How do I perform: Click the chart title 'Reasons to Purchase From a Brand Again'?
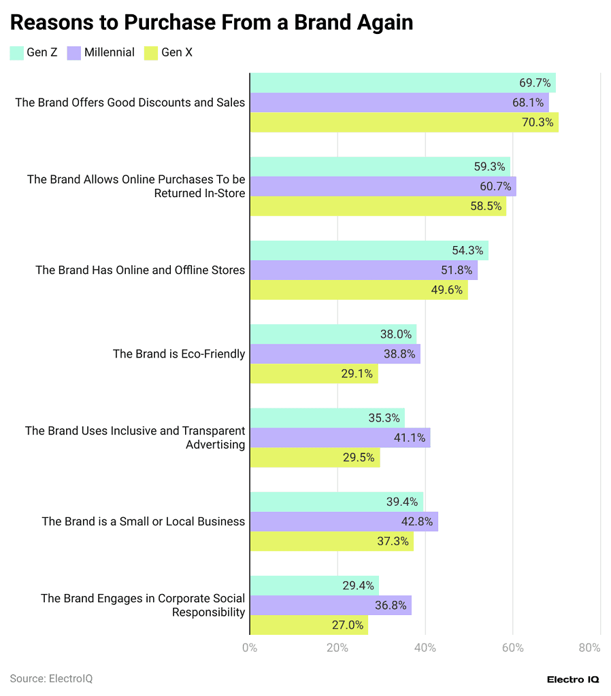(x=212, y=22)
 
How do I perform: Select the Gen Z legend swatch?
(x=17, y=52)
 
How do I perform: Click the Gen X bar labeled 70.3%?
(x=404, y=122)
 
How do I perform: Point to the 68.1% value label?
(x=528, y=103)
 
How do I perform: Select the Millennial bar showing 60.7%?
(x=382, y=186)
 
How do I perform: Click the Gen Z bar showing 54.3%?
(x=369, y=250)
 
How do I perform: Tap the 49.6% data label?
(x=447, y=290)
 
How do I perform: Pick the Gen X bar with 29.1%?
(x=314, y=374)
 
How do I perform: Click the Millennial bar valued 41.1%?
(x=340, y=438)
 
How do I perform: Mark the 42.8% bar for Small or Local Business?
(x=344, y=521)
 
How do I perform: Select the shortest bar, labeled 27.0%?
(x=308, y=625)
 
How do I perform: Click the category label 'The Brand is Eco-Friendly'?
(x=178, y=353)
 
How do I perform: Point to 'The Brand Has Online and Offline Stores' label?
(x=139, y=270)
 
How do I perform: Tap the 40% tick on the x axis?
(x=425, y=648)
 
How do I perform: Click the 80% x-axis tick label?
(x=589, y=648)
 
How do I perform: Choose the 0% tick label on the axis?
(x=250, y=648)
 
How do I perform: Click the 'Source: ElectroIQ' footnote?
(x=51, y=678)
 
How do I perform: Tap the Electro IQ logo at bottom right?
(x=572, y=679)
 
